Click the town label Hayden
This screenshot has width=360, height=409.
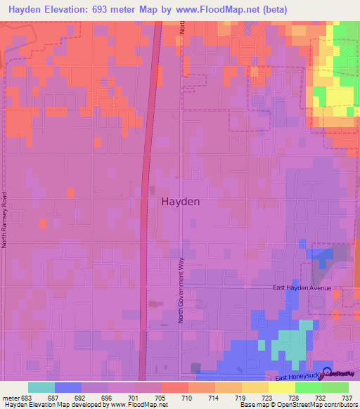point(180,201)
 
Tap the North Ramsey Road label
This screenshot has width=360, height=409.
point(4,219)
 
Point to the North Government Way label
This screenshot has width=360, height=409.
point(181,290)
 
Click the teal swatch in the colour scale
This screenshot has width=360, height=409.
point(41,387)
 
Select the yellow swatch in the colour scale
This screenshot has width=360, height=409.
point(281,387)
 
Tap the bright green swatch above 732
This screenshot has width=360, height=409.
point(308,387)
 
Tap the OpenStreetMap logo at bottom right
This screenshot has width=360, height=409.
point(340,375)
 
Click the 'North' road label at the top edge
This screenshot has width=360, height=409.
point(181,28)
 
